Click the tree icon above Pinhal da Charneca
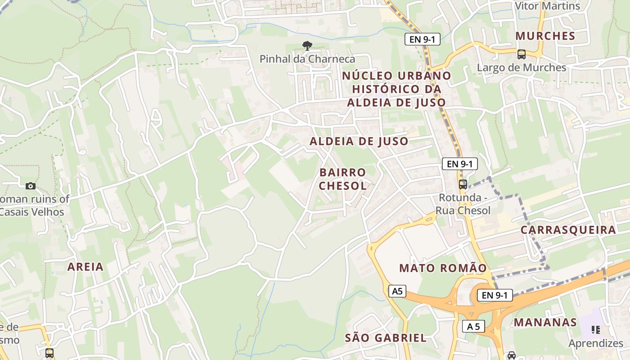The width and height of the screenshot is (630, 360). (x=307, y=45)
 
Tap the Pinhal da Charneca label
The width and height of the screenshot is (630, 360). (x=307, y=59)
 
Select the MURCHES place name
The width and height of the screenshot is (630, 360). (x=545, y=36)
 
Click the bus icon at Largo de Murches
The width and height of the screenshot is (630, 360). (x=522, y=54)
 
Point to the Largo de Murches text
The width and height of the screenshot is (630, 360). (x=522, y=67)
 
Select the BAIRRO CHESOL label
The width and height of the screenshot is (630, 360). (x=343, y=179)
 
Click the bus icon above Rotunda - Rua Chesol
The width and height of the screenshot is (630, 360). (x=463, y=184)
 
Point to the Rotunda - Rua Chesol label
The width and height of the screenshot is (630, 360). (x=463, y=204)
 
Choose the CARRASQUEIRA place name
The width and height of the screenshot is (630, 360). (x=568, y=230)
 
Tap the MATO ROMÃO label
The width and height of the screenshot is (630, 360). (x=443, y=269)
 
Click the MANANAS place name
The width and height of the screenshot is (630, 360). (x=545, y=322)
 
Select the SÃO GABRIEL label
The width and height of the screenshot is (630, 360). (x=386, y=338)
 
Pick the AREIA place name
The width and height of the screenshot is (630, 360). (x=85, y=267)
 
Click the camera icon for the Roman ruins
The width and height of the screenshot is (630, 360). (x=31, y=186)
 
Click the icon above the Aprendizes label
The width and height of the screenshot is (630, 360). (x=596, y=330)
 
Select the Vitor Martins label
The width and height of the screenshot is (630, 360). (x=548, y=6)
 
